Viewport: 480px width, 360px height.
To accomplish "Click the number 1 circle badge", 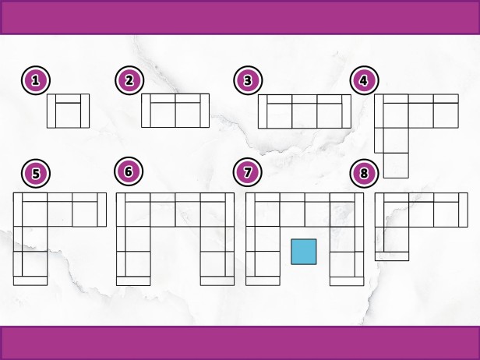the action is pyautogui.click(x=36, y=80).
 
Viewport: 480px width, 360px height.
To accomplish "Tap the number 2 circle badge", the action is pyautogui.click(x=129, y=80).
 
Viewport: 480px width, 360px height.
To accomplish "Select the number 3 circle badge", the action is pyautogui.click(x=248, y=80).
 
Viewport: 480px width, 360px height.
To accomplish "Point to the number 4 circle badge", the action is pyautogui.click(x=365, y=80).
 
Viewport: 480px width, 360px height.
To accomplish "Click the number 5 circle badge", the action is pyautogui.click(x=36, y=173).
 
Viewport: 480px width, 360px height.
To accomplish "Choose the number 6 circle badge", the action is pyautogui.click(x=129, y=171).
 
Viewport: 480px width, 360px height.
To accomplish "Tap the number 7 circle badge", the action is pyautogui.click(x=247, y=172).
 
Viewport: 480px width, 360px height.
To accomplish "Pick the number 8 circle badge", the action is pyautogui.click(x=365, y=173).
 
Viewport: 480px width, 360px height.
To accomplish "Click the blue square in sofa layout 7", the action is pyautogui.click(x=304, y=252).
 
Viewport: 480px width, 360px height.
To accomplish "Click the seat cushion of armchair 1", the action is pyautogui.click(x=68, y=115).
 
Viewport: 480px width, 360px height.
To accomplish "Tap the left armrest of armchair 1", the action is pyautogui.click(x=51, y=111).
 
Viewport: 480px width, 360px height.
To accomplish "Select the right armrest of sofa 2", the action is pyautogui.click(x=205, y=111).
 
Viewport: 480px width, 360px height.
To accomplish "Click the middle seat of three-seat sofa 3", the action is pyautogui.click(x=305, y=116).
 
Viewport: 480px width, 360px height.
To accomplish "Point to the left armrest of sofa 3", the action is pyautogui.click(x=263, y=111).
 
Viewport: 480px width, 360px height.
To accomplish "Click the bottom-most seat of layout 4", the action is pyautogui.click(x=396, y=165).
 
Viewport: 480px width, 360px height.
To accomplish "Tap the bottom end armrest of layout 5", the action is pyautogui.click(x=30, y=281).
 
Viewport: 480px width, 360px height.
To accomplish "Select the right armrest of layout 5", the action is pyautogui.click(x=102, y=210).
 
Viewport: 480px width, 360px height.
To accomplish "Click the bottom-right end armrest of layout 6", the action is pyautogui.click(x=217, y=281).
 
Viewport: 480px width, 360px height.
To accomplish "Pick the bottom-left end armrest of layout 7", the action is pyautogui.click(x=263, y=281).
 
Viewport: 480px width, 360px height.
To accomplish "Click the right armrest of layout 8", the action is pyautogui.click(x=463, y=210).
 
